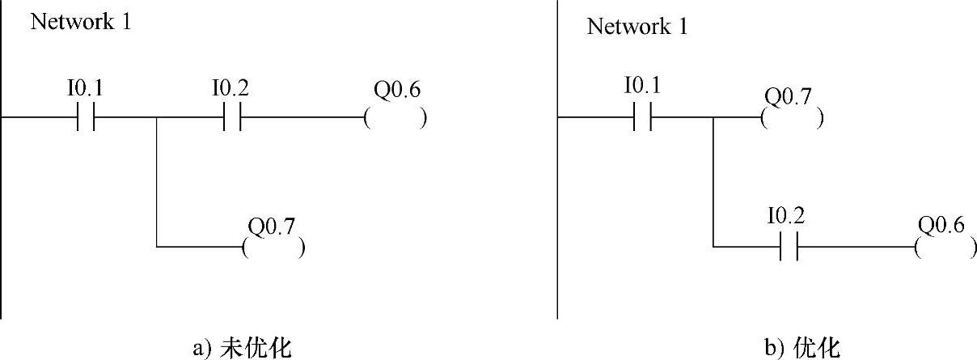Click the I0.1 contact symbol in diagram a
[x=85, y=118]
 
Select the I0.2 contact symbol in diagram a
[x=231, y=118]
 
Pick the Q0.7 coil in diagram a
[x=273, y=247]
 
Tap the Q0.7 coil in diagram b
[x=792, y=119]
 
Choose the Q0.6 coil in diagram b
[x=945, y=247]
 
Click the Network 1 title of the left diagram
[x=80, y=22]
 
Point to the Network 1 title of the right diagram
[x=637, y=27]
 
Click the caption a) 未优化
[x=243, y=348]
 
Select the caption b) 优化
[x=802, y=348]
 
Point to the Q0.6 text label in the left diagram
[x=395, y=90]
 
